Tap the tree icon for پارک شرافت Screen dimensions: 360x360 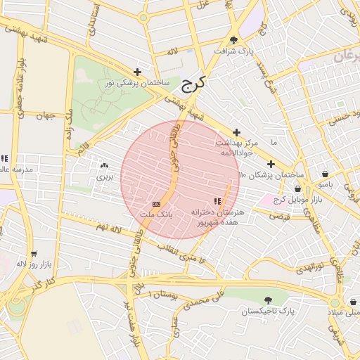click(233, 40)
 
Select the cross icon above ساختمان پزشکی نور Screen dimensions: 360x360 click(137, 72)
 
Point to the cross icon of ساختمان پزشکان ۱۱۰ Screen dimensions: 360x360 click(270, 164)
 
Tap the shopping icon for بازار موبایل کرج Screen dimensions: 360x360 click(297, 189)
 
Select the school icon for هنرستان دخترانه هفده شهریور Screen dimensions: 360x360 click(217, 202)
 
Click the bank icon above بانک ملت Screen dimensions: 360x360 click(155, 202)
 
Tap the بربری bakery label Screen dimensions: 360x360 click(104, 177)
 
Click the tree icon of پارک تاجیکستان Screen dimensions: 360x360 click(268, 300)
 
